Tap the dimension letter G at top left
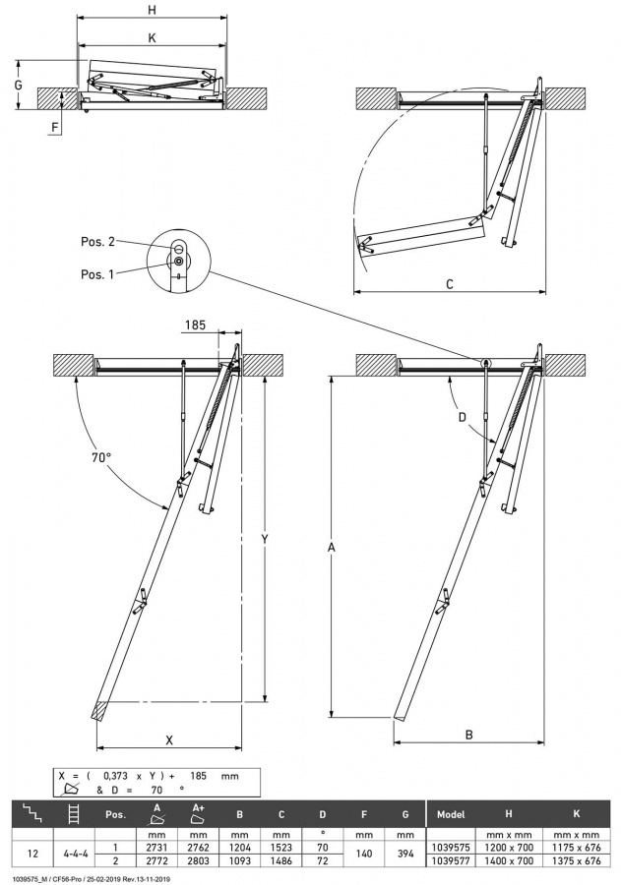coord(18,86)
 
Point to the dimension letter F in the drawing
coord(55,127)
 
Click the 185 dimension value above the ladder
coord(195,324)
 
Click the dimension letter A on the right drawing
coord(331,547)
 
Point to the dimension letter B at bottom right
coord(468,735)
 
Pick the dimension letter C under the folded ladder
coord(449,284)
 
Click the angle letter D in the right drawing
coord(464,417)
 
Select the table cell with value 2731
coord(156,846)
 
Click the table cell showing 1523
coord(281,846)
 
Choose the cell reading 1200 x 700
coord(509,846)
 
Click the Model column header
coord(451,815)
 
